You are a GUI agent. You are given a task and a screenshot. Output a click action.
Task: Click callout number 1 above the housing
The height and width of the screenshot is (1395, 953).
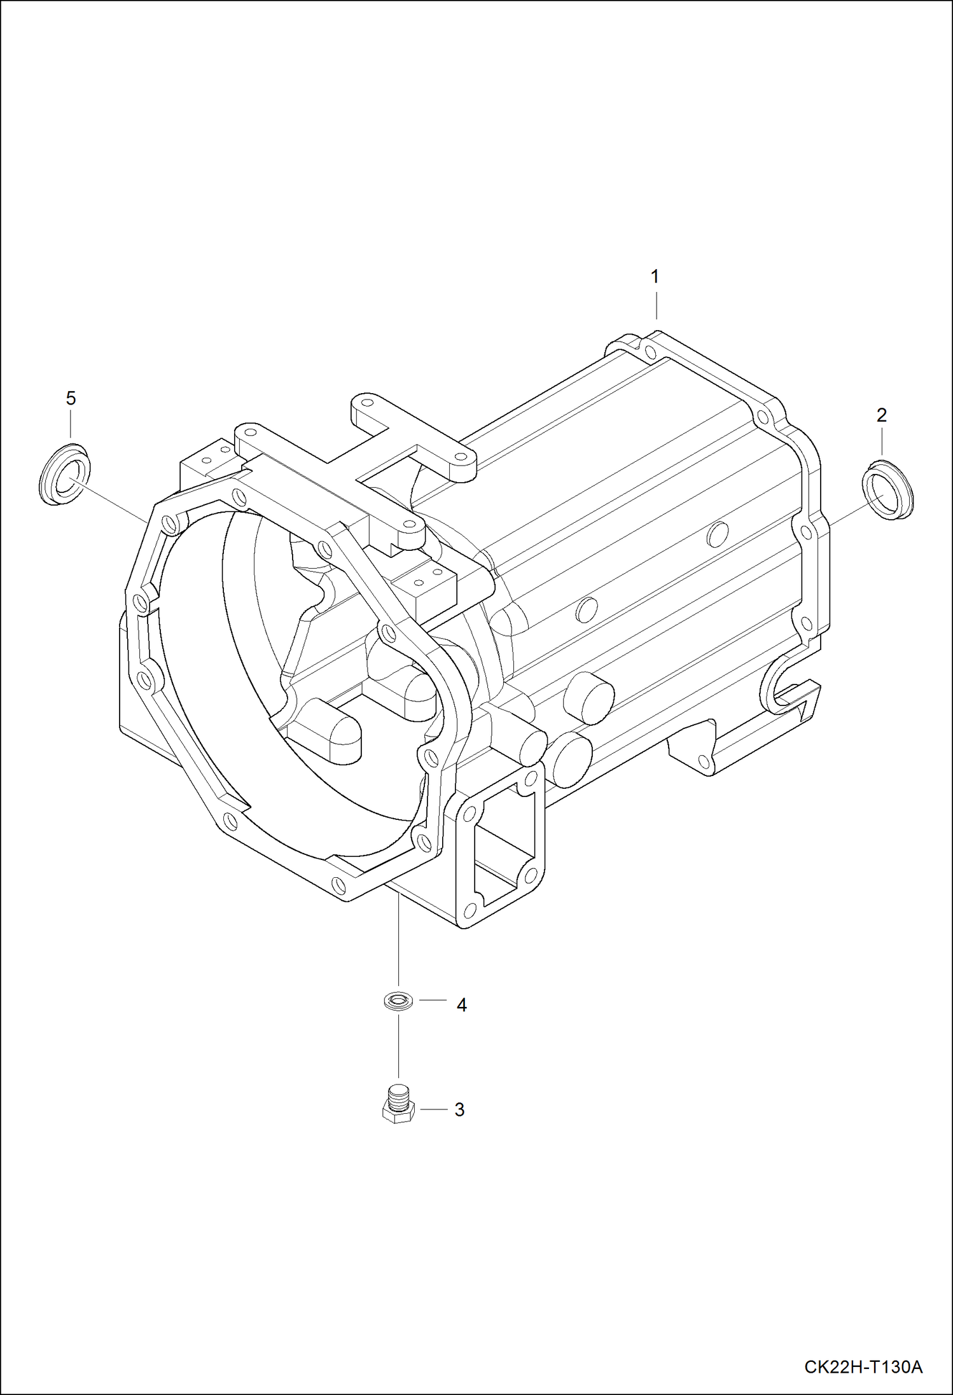[x=654, y=277]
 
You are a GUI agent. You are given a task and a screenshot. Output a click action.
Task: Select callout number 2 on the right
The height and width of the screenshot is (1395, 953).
[x=881, y=415]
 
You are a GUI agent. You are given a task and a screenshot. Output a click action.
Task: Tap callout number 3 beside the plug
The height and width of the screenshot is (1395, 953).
[x=459, y=1110]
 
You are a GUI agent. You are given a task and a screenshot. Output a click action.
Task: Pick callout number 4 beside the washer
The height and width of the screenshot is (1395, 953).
[x=461, y=1005]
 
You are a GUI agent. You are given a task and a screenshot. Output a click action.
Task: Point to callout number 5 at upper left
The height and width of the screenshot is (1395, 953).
[x=71, y=398]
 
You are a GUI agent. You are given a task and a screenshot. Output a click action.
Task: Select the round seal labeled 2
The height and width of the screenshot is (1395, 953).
[x=888, y=489]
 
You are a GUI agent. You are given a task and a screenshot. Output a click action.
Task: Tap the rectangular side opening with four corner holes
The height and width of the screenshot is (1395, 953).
[x=503, y=846]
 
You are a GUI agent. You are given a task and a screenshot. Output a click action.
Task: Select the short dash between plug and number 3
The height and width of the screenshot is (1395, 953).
[x=433, y=1109]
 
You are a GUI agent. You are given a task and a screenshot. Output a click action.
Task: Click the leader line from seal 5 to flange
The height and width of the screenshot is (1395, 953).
[x=115, y=503]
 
